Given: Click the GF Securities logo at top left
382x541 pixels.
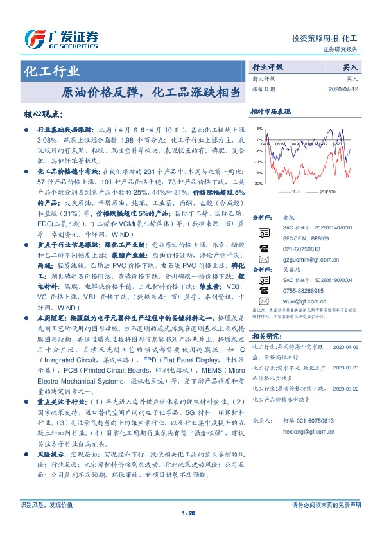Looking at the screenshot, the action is click(x=62, y=38).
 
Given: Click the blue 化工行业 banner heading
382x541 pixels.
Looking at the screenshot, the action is click(x=52, y=71).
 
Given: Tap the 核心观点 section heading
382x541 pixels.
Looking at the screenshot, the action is click(x=43, y=114).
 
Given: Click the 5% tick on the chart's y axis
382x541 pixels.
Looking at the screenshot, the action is click(x=258, y=129).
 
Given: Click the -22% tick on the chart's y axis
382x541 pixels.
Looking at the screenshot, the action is click(x=257, y=184).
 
